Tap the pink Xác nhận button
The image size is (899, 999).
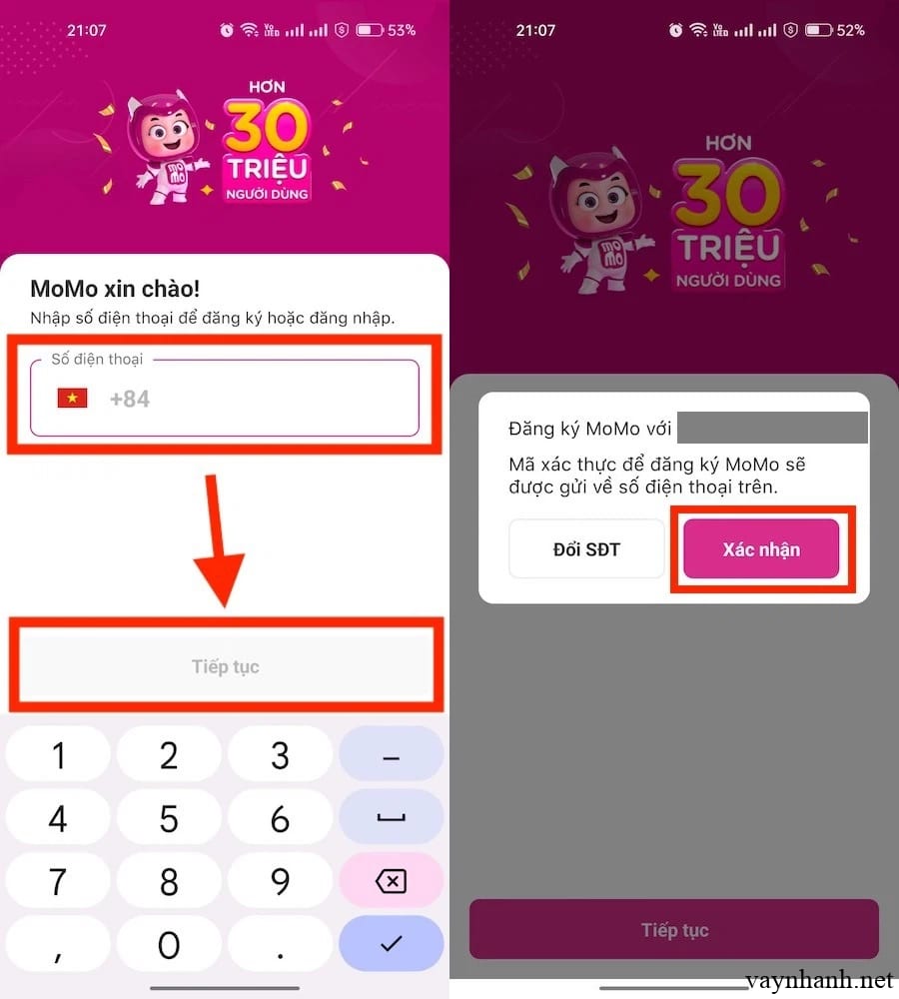(761, 549)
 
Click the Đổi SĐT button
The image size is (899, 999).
(586, 549)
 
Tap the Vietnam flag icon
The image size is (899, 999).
(72, 399)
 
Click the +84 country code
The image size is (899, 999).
(130, 399)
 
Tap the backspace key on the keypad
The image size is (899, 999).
(391, 882)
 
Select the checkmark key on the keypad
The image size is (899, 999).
(391, 944)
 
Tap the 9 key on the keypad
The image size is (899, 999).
(281, 882)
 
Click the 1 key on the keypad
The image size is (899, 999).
(58, 755)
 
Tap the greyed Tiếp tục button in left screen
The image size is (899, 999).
(226, 666)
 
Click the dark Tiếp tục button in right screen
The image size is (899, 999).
(674, 929)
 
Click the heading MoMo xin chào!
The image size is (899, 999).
(115, 289)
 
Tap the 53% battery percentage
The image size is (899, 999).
(402, 30)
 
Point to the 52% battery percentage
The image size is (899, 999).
(851, 30)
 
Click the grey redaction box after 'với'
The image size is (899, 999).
(772, 428)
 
